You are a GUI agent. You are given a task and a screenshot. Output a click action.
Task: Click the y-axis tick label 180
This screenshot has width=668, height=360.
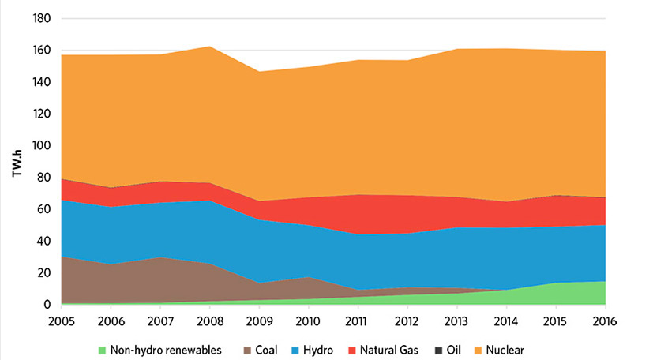tap(41, 18)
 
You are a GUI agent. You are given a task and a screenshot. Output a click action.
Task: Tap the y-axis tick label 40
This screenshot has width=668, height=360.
tap(44, 242)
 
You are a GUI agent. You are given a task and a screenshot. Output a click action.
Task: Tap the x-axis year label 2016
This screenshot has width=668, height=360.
tap(604, 321)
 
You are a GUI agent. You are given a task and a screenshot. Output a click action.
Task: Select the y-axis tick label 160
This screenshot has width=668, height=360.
tap(41, 51)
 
